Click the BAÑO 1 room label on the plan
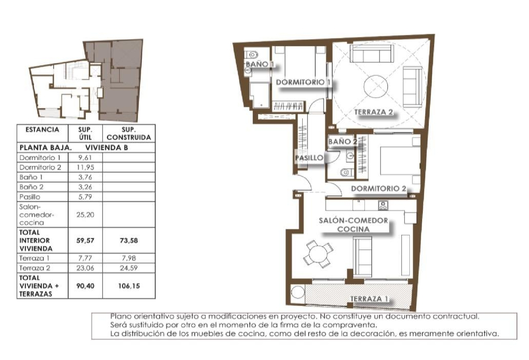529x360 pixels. click(x=260, y=64)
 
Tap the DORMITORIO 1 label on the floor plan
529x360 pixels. click(x=303, y=82)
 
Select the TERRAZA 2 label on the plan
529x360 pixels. click(x=373, y=112)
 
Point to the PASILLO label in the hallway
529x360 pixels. click(x=309, y=158)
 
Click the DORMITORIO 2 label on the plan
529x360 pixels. click(x=378, y=188)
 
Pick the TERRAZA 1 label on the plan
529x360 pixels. click(x=369, y=299)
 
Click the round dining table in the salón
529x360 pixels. click(x=318, y=253)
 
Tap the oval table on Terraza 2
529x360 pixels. click(x=376, y=86)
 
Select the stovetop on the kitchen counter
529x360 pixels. click(x=383, y=205)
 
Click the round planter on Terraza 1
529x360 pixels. click(x=298, y=293)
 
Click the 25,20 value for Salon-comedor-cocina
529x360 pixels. click(x=85, y=215)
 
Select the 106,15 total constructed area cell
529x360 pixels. click(x=129, y=286)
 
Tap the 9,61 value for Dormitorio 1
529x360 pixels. click(x=85, y=158)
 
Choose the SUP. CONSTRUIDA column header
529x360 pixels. click(x=129, y=133)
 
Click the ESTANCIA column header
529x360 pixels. click(x=42, y=130)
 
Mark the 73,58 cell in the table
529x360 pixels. click(x=129, y=240)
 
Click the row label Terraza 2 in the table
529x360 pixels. click(x=35, y=268)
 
